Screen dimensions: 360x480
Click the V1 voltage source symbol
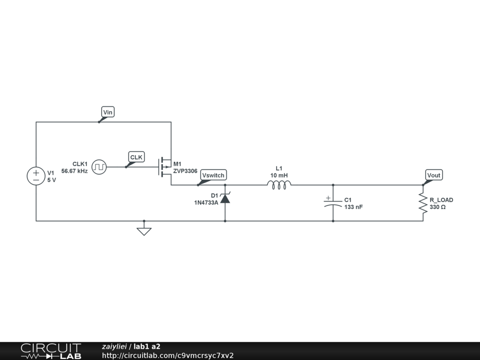[x=36, y=176]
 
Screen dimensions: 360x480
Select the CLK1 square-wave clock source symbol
[x=99, y=167]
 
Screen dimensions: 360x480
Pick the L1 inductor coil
[x=279, y=185]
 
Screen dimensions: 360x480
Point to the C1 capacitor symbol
[x=333, y=203]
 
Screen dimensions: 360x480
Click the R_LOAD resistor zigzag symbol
[x=423, y=203]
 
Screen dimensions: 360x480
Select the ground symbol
[x=144, y=230]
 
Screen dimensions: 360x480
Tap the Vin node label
[x=108, y=112]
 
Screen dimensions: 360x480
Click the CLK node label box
[x=136, y=157]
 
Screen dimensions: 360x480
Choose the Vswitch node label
[x=213, y=175]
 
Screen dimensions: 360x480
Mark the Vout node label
[x=434, y=175]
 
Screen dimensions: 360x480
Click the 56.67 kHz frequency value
[x=75, y=171]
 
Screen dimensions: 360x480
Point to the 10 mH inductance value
[x=279, y=175]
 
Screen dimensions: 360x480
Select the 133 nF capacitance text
[x=353, y=207]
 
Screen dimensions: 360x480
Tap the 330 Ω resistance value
[x=437, y=207]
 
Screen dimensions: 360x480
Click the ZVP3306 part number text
[x=185, y=171]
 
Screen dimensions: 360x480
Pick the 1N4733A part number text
[x=206, y=202]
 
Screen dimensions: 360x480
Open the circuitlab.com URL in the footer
[x=168, y=355]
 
